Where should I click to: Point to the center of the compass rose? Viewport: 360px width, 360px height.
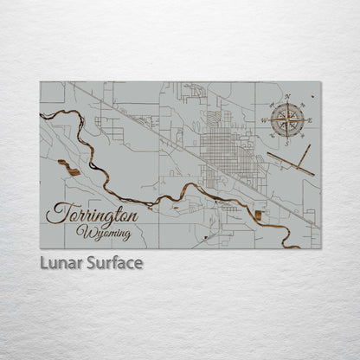tap(287, 119)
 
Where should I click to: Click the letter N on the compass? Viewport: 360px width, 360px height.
tap(287, 97)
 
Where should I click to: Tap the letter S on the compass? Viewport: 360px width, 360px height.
tap(287, 142)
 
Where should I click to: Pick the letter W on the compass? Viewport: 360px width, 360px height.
tap(266, 119)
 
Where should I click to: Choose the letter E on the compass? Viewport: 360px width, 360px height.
tap(309, 119)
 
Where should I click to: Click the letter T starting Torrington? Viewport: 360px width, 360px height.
tap(56, 213)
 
